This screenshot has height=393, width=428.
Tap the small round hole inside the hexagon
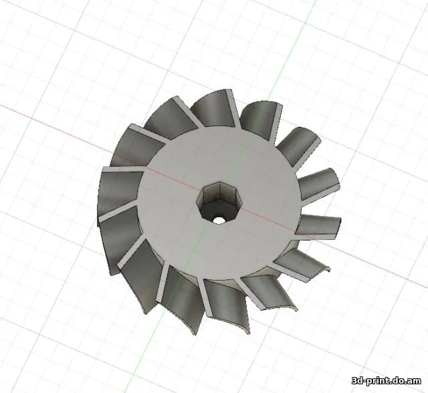coord(219,218)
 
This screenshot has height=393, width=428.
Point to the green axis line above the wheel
coord(294,40)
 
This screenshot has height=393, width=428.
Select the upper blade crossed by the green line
coord(257,118)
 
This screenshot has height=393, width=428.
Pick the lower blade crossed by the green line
coord(181,294)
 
